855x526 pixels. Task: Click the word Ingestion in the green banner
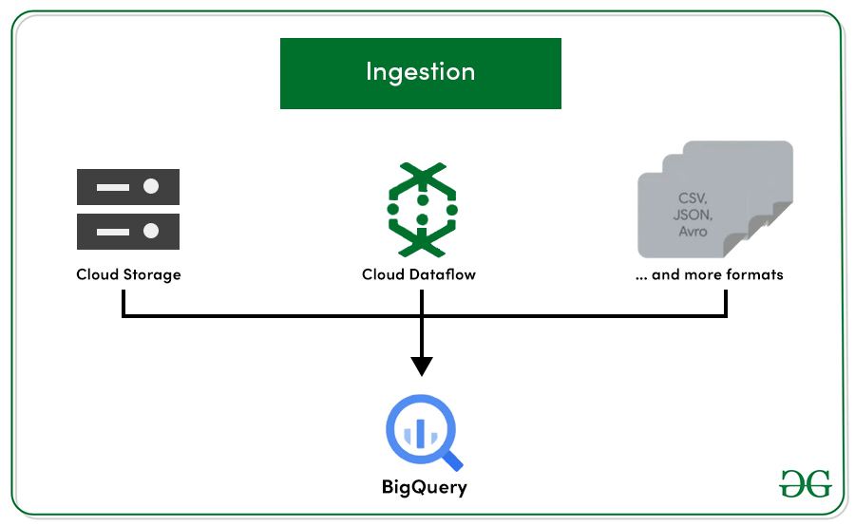coord(420,72)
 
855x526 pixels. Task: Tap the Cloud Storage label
coord(128,275)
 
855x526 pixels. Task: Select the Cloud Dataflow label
coord(419,275)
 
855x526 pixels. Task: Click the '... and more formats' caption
coord(710,275)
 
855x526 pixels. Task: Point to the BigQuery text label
coord(425,488)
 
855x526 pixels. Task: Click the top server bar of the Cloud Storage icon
coord(128,187)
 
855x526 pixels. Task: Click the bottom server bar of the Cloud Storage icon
coord(128,230)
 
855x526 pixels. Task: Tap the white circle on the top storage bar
coord(151,187)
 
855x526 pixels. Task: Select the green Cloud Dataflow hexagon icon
coord(422,209)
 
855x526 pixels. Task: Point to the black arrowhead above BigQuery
coord(422,366)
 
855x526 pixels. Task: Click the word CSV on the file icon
coord(693,198)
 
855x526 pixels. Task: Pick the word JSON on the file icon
coord(693,215)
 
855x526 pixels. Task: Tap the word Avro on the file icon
coord(693,231)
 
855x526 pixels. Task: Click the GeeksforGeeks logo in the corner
coord(806,482)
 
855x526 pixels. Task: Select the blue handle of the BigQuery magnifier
coord(452,460)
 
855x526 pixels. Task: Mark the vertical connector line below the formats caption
coord(726,302)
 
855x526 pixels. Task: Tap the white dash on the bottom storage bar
coord(112,230)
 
